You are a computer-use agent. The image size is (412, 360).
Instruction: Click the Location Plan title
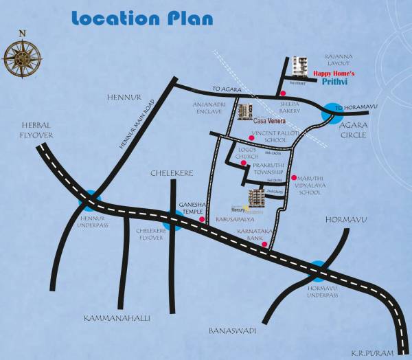coord(141,20)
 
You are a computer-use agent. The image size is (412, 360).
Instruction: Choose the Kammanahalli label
coord(117,318)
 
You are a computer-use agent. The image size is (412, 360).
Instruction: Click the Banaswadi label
coord(232,331)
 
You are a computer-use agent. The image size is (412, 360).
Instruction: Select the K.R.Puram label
coord(374,352)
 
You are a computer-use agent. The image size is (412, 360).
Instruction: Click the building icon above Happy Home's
coord(299,66)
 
